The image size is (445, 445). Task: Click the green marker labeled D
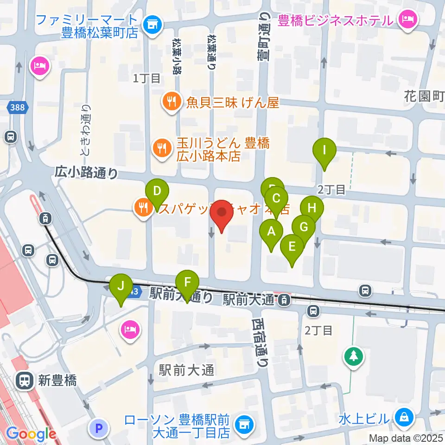(157, 191)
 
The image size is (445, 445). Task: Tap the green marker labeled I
(324, 151)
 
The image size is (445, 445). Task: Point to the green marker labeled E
(292, 246)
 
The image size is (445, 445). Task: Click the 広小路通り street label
(86, 173)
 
